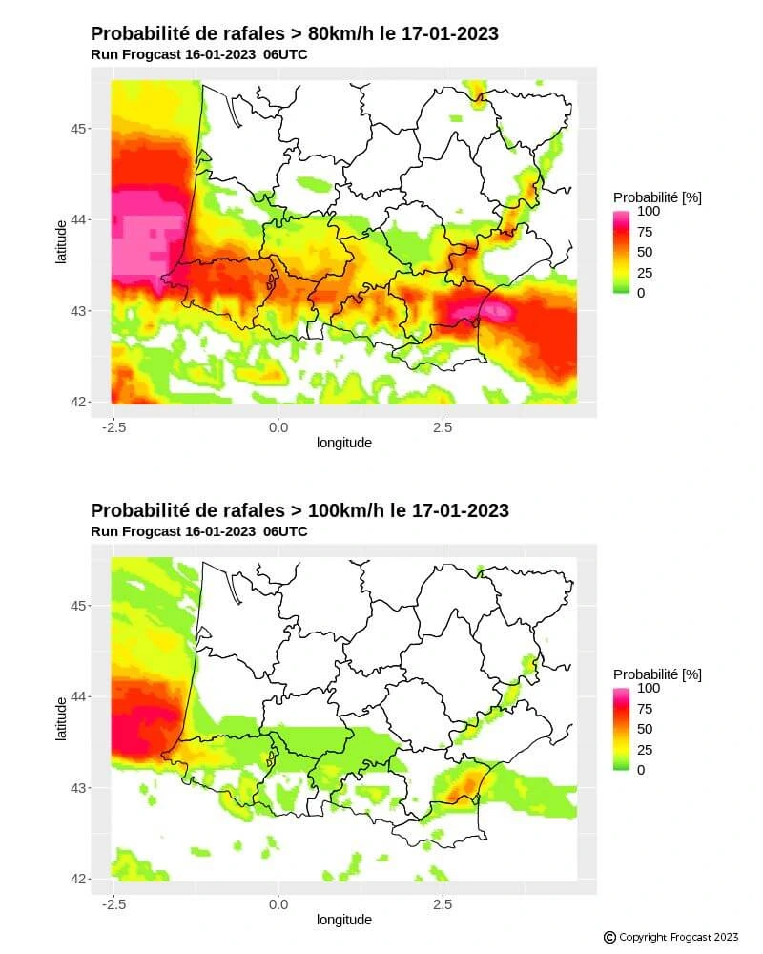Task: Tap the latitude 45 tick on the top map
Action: [81, 129]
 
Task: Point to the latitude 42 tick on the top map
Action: [81, 401]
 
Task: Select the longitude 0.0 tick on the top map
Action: [278, 427]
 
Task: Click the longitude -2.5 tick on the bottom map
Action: [113, 904]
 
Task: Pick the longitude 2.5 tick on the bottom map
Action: [442, 904]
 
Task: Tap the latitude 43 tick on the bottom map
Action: [81, 788]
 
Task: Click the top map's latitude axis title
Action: [61, 242]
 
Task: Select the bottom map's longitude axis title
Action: [344, 920]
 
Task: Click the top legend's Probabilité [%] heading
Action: [657, 197]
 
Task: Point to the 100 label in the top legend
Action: [649, 211]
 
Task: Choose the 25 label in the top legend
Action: [645, 273]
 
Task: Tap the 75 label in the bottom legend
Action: [645, 709]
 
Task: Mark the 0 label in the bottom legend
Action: [641, 770]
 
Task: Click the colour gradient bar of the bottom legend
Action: [622, 729]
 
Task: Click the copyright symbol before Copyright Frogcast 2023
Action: [609, 938]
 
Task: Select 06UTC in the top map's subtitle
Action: [285, 54]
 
